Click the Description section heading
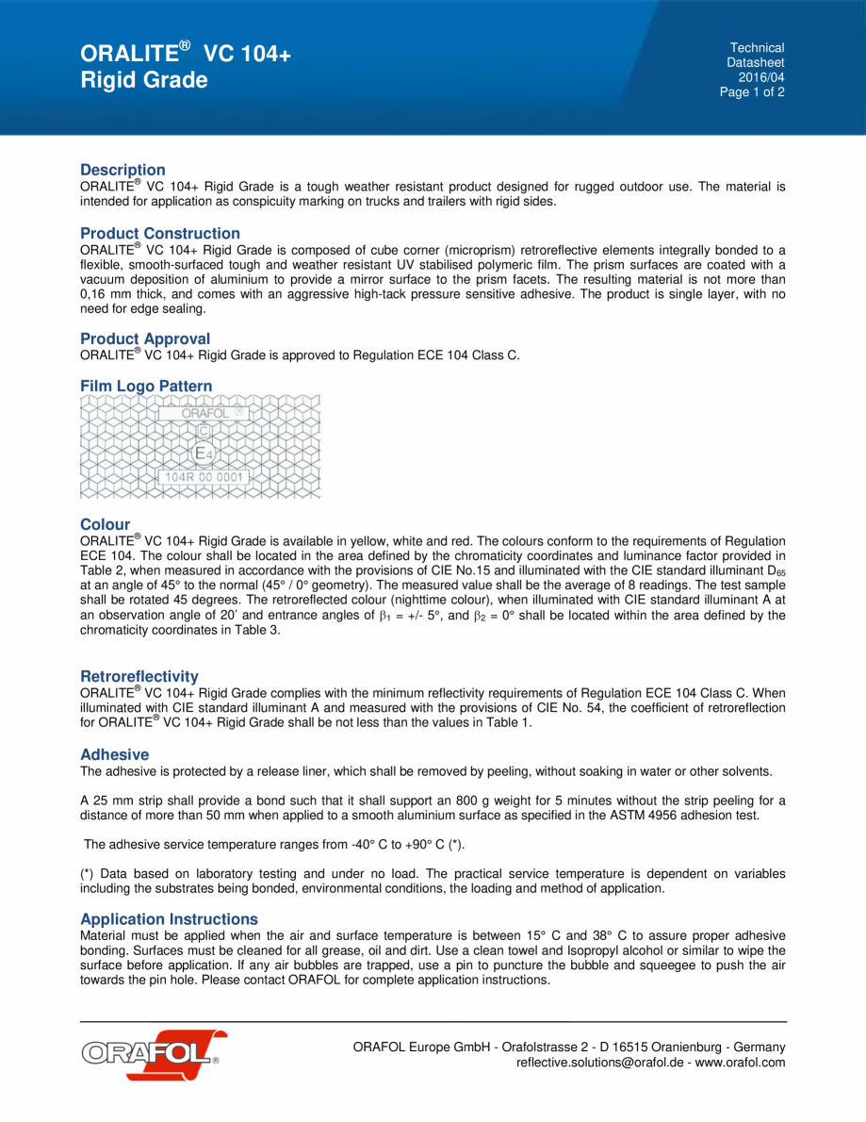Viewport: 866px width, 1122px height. click(123, 171)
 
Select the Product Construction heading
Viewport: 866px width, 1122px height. click(160, 234)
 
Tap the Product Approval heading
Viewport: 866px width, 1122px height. click(145, 339)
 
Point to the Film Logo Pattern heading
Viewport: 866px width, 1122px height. click(146, 387)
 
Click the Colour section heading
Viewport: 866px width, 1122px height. click(106, 525)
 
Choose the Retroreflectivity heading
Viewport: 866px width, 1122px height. click(139, 677)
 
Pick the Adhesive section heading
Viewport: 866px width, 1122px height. click(115, 755)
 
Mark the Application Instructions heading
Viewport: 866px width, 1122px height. click(169, 919)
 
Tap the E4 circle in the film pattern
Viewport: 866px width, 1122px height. click(204, 454)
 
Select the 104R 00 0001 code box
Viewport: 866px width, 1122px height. click(204, 477)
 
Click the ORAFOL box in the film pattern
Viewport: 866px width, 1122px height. click(204, 412)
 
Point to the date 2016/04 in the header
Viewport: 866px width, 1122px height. click(761, 77)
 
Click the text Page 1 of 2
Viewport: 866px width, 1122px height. click(752, 92)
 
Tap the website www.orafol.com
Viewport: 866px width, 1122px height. click(741, 1063)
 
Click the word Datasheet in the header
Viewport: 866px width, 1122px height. click(756, 62)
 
